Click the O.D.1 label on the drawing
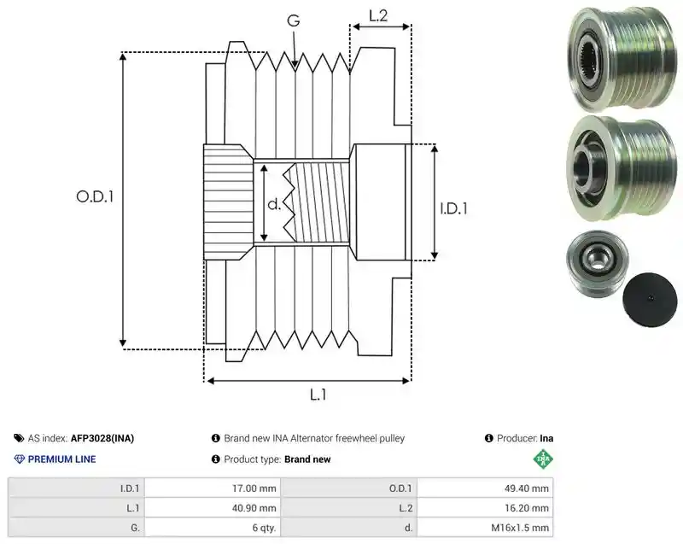click(x=95, y=196)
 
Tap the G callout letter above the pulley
click(x=294, y=20)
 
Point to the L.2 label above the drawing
click(x=378, y=15)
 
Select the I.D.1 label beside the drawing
click(x=453, y=208)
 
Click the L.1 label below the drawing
click(x=318, y=395)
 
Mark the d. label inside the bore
click(x=274, y=203)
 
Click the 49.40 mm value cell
click(x=485, y=488)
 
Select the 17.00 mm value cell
click(x=213, y=488)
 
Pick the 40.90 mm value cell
click(x=213, y=508)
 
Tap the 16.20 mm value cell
click(x=485, y=508)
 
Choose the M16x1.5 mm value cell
click(x=485, y=528)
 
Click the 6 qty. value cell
click(x=213, y=528)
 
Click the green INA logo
click(x=543, y=459)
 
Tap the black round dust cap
click(x=650, y=300)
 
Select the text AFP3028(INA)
click(x=102, y=438)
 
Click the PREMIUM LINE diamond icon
click(x=20, y=459)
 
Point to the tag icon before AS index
click(x=19, y=438)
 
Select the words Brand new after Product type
click(x=307, y=459)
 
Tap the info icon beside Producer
click(x=488, y=438)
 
